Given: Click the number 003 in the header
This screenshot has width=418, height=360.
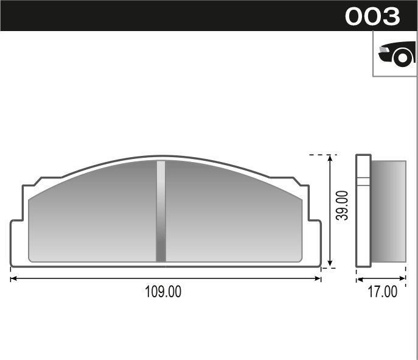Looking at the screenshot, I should click(x=372, y=16).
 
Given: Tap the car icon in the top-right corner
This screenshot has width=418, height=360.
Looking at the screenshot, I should click(x=395, y=55).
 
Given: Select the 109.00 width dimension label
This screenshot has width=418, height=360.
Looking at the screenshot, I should click(x=163, y=292).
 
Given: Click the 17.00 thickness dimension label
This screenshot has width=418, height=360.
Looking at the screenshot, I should click(x=382, y=292).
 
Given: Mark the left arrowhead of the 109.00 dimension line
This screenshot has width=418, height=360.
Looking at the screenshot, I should click(x=13, y=279).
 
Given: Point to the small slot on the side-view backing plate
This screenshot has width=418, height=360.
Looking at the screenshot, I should click(x=363, y=180).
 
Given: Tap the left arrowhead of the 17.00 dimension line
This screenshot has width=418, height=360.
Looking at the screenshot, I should click(x=359, y=279).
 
